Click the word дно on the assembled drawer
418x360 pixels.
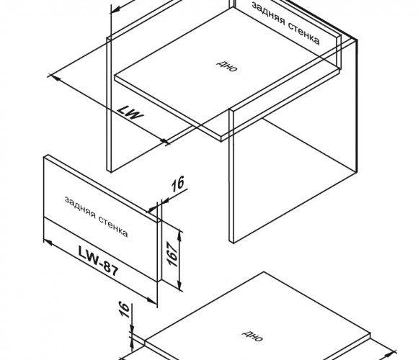click(x=226, y=66)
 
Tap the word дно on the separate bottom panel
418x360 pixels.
click(x=252, y=336)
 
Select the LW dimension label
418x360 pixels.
click(x=130, y=112)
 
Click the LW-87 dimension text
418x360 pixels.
click(x=98, y=261)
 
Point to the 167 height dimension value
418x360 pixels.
click(x=172, y=254)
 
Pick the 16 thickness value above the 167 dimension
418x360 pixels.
click(x=178, y=184)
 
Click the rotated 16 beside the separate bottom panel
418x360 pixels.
click(x=124, y=310)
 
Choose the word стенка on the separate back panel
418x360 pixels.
click(x=113, y=227)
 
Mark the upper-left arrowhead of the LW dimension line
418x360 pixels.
click(x=54, y=78)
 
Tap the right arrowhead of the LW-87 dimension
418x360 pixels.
click(x=153, y=300)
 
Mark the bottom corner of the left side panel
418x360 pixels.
click(x=110, y=172)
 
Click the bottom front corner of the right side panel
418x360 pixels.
click(x=234, y=243)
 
